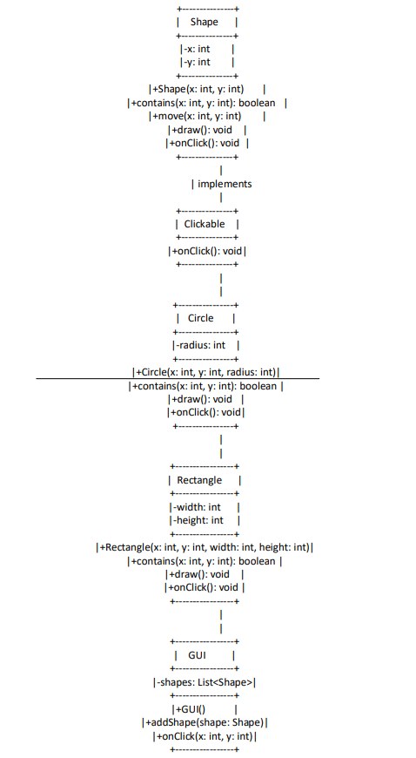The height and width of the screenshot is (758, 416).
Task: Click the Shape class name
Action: (x=204, y=22)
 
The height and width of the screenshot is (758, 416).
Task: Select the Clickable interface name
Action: (x=205, y=224)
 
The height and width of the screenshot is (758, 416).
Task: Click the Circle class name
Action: (x=201, y=318)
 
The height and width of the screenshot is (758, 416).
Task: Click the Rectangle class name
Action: (x=199, y=480)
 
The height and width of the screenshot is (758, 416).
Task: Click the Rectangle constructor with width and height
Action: (x=205, y=547)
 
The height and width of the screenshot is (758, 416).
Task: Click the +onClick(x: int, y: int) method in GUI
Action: (x=205, y=736)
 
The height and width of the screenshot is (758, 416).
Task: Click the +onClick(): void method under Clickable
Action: (x=208, y=251)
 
